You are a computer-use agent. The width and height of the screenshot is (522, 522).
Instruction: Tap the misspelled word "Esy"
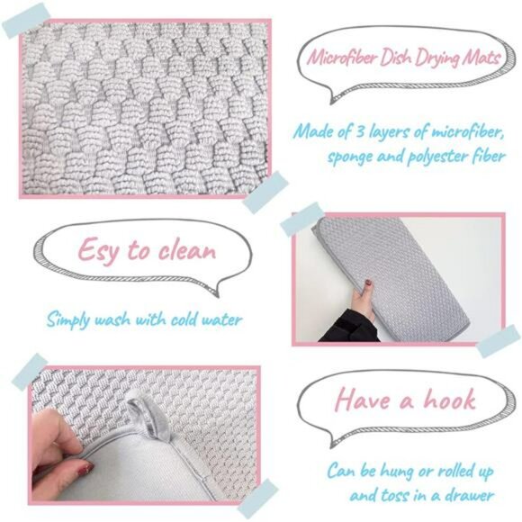(x=98, y=250)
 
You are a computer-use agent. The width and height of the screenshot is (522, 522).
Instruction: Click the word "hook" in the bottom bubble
(x=449, y=399)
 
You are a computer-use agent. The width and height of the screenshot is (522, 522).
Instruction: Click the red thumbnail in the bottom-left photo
(x=84, y=468)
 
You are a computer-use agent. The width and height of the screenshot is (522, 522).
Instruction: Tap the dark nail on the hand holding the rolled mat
(x=369, y=283)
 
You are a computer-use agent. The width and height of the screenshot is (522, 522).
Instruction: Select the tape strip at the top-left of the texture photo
(x=27, y=20)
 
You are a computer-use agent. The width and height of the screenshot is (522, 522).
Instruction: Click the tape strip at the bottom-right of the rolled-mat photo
(x=499, y=341)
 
